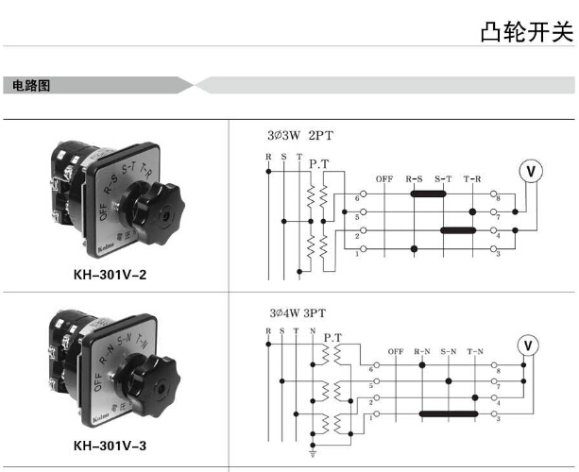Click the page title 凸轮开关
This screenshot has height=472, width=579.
pos(526,32)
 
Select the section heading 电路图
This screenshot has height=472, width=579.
pos(32,86)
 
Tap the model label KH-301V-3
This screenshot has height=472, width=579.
pos(110,446)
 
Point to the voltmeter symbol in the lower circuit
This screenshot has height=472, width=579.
pos(529,345)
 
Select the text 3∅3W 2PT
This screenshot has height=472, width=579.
pos(301,136)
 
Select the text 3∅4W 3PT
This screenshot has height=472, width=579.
pos(301,312)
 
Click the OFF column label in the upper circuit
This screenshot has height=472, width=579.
pos(383,178)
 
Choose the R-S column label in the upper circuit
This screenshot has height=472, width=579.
pos(415,178)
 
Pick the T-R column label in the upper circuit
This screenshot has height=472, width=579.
pos(472,178)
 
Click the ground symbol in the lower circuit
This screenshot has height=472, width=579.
pos(314,451)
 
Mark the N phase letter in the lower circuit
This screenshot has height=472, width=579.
pos(313,329)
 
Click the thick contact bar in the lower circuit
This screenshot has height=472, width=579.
pos(447,413)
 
